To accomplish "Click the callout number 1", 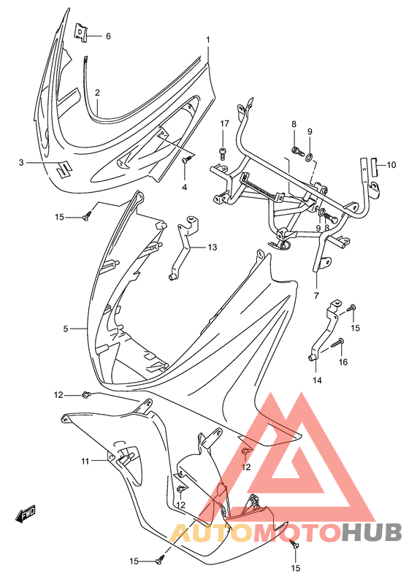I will point(207,39).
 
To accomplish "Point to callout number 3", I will point(22,162).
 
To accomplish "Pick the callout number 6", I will point(107,36).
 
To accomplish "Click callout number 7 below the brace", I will point(317,296).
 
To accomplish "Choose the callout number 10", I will point(391,164).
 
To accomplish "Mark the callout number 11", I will point(85,461).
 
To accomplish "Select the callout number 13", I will point(212,248).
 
